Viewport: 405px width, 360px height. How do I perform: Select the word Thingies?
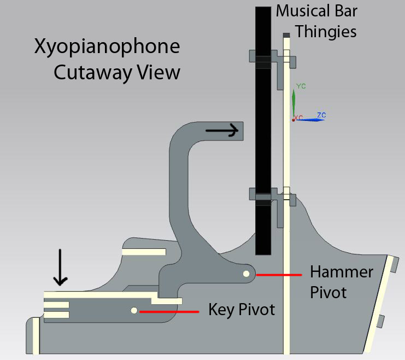click(326, 32)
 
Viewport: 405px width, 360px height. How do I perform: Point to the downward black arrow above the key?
click(60, 268)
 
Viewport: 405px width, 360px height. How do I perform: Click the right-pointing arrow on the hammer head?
click(222, 130)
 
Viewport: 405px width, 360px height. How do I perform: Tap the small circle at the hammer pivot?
click(246, 274)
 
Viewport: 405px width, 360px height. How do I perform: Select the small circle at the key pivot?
click(134, 310)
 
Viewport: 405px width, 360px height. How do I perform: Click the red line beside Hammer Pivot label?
click(279, 275)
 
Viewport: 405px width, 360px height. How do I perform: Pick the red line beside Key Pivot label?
click(169, 312)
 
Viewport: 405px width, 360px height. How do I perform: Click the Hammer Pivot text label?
click(342, 282)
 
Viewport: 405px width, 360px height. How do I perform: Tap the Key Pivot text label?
click(242, 310)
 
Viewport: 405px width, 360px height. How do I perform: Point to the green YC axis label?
click(301, 86)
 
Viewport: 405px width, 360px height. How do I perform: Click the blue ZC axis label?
click(321, 115)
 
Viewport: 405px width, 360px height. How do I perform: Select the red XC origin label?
click(298, 118)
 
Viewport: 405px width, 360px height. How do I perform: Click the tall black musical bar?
click(263, 131)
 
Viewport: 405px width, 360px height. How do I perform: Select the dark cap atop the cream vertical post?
click(286, 35)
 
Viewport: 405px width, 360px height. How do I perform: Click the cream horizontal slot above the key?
click(144, 252)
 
